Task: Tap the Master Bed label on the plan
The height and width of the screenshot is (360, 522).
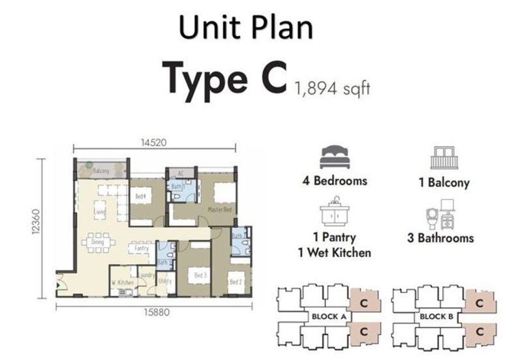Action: [x=217, y=209]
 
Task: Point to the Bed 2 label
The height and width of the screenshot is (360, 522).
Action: [x=236, y=282]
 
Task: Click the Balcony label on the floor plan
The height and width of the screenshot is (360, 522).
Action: [x=101, y=171]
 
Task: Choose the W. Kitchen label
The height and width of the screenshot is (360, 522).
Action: [x=123, y=282]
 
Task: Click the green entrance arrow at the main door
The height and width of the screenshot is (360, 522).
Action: [x=60, y=284]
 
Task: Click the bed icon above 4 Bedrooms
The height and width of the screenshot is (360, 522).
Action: [x=334, y=158]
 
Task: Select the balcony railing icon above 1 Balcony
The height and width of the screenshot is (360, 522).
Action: [x=444, y=158]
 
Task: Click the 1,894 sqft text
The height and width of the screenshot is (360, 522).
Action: [x=332, y=88]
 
